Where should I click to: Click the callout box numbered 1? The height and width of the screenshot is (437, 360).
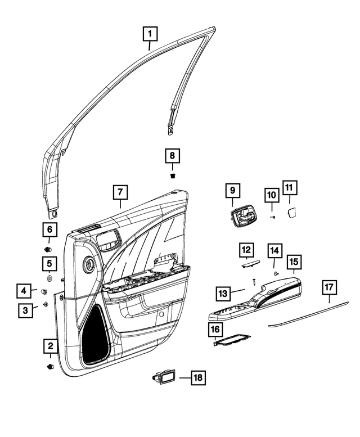150,35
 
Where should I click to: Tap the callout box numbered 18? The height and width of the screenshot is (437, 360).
198,378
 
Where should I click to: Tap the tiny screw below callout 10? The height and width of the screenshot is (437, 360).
272,216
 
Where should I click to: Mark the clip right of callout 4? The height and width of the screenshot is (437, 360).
43,291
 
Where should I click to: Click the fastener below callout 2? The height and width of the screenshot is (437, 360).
50,367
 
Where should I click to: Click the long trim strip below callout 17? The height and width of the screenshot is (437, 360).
309,314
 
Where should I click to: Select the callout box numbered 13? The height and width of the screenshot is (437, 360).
223,293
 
